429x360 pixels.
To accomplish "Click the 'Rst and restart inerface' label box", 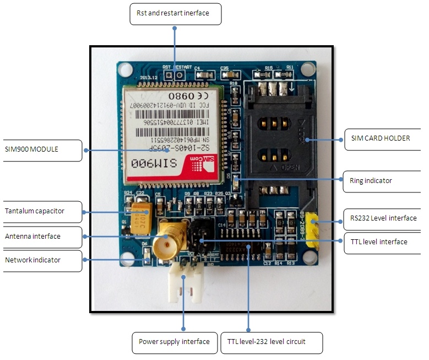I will click(x=175, y=14).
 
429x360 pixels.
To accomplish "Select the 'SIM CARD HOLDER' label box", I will click(x=381, y=138).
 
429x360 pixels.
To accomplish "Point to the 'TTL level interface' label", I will click(x=379, y=242).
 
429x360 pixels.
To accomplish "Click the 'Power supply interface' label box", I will click(x=173, y=342).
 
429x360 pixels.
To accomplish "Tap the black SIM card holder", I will click(x=273, y=138).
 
